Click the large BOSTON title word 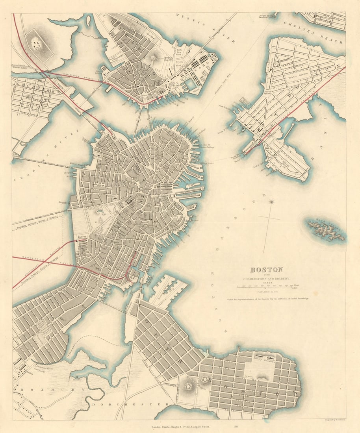click(266, 270)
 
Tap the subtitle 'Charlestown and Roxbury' click(266, 278)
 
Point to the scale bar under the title click(266, 287)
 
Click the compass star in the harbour click(271, 202)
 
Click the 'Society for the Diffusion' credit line click(266, 299)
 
